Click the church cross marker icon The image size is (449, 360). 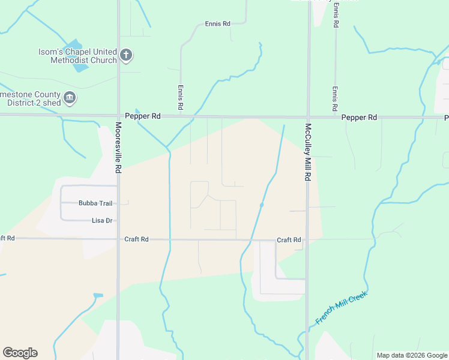click(x=126, y=56)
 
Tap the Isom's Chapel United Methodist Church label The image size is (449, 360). click(x=83, y=56)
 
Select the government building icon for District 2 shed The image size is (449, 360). click(x=70, y=97)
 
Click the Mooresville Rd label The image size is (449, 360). click(x=118, y=148)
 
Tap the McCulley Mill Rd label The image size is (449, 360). click(x=308, y=152)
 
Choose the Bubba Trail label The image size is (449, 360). click(x=96, y=203)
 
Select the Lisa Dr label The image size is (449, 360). click(x=102, y=221)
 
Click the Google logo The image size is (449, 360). click(x=20, y=353)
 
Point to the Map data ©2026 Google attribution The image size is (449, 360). click(x=412, y=355)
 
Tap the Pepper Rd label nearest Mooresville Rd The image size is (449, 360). click(x=143, y=116)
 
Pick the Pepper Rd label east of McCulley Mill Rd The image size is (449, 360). click(x=359, y=118)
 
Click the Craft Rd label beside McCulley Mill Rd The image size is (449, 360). click(x=289, y=240)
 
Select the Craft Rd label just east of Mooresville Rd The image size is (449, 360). click(x=136, y=239)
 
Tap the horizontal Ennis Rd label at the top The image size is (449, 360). click(x=217, y=24)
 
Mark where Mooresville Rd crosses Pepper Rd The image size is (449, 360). click(x=118, y=115)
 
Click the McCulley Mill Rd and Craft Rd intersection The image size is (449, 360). click(x=307, y=239)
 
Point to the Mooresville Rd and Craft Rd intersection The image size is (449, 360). click(x=118, y=239)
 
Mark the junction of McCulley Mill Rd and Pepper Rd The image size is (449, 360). click(x=308, y=117)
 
